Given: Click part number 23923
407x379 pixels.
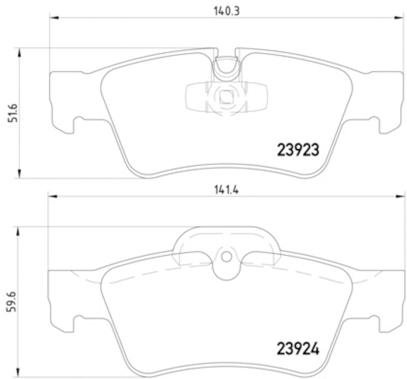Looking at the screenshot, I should [x=298, y=150].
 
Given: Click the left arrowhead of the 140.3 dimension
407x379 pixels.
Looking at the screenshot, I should [x=53, y=18].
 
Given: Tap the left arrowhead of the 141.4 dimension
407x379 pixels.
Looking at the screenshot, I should [x=51, y=196].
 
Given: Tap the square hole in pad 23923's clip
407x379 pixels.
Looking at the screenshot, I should [x=225, y=96].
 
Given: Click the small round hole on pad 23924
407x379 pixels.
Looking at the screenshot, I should [x=226, y=256].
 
